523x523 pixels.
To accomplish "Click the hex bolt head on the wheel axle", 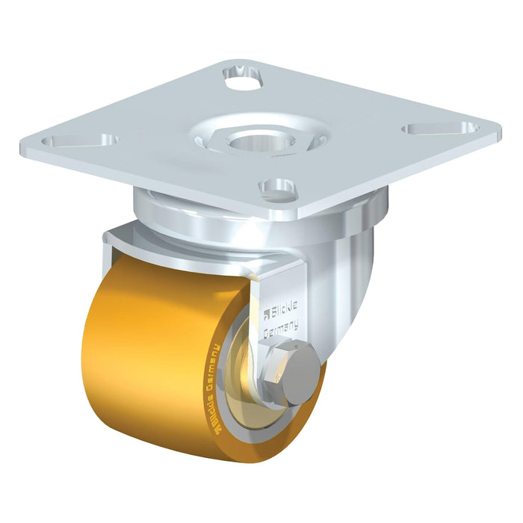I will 295,367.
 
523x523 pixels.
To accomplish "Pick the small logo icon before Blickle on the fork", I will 267,315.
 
